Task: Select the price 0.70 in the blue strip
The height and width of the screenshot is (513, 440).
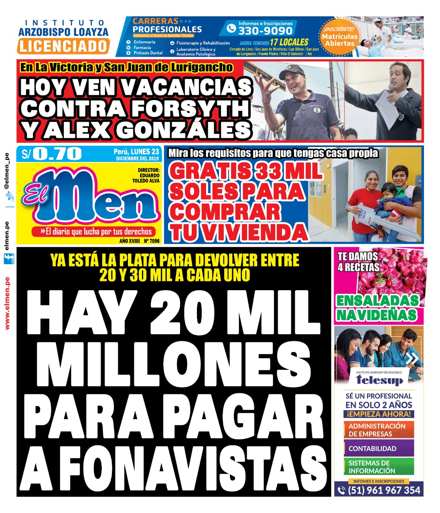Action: coord(57,154)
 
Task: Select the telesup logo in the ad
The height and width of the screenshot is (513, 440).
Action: coord(379,379)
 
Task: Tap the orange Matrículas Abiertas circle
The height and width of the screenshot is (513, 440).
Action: coord(340,37)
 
